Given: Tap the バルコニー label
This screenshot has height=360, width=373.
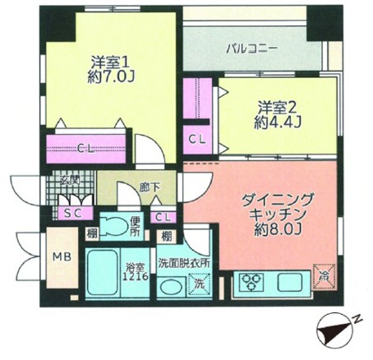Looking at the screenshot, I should click(x=251, y=48).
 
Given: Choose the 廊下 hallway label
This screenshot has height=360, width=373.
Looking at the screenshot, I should click(x=149, y=187).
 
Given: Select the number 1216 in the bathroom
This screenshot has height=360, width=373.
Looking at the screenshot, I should click(x=136, y=276).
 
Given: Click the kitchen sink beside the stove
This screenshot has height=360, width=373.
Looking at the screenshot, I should click(x=288, y=281).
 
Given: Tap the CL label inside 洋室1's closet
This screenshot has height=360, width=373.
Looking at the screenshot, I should click(x=85, y=148).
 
